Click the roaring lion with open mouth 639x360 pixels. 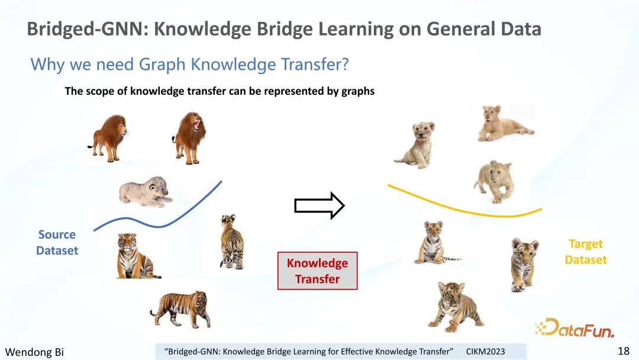tap(189, 138)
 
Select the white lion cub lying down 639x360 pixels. tap(145, 192)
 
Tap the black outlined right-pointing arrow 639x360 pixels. tap(319, 205)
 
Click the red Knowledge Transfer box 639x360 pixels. tap(318, 271)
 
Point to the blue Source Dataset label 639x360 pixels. tap(57, 242)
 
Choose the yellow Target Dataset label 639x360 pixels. tap(586, 252)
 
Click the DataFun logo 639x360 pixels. tap(575, 328)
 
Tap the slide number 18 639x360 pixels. tap(624, 351)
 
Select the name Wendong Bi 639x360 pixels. tap(34, 352)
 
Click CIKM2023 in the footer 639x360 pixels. tap(485, 352)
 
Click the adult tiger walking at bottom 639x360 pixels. tap(180, 308)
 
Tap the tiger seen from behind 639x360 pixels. tap(232, 242)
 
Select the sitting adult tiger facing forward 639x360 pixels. tap(137, 256)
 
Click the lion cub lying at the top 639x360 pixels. tap(506, 123)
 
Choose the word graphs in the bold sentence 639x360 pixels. tap(358, 91)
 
